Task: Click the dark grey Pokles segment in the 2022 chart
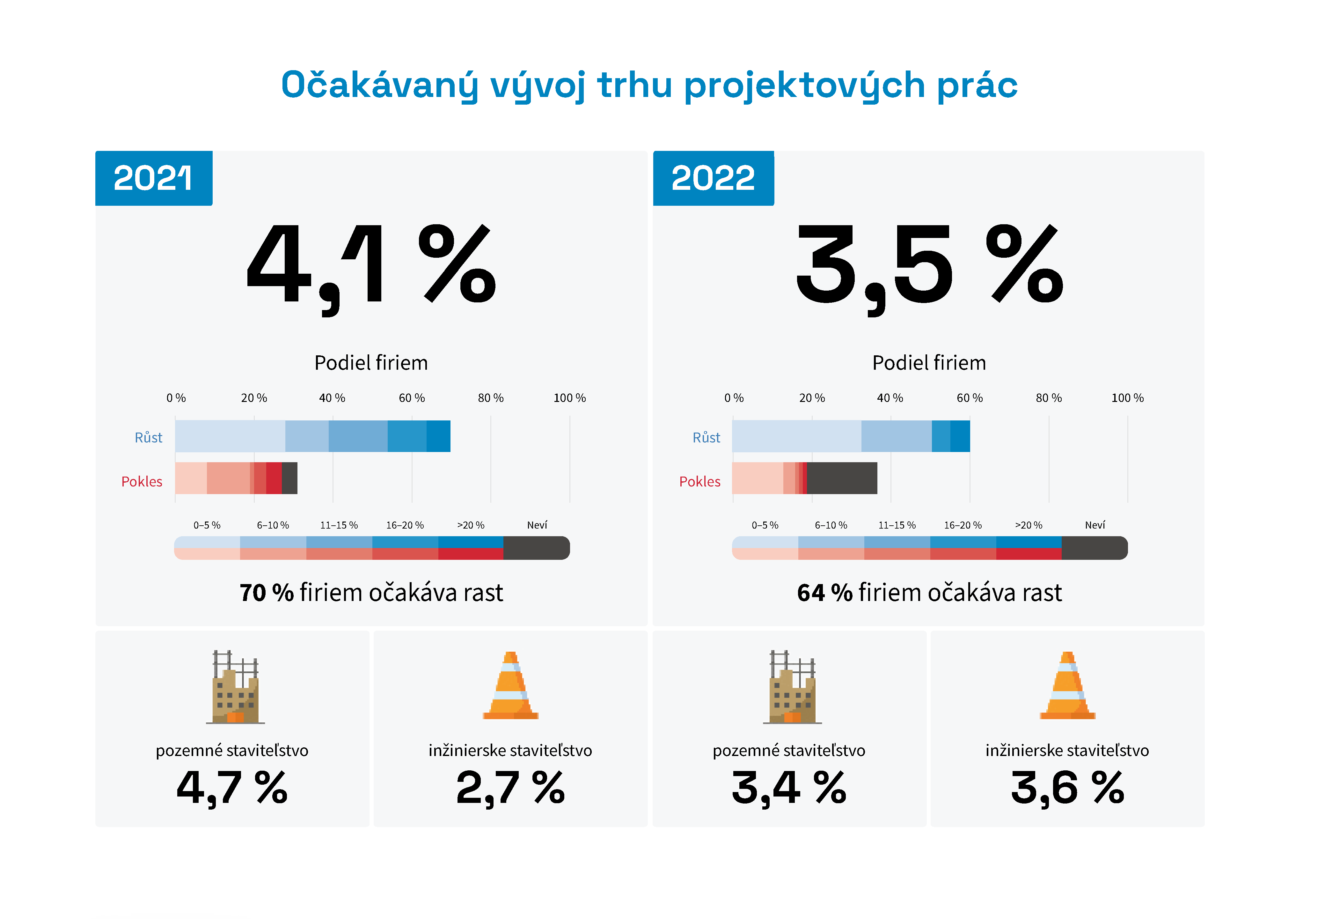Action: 842,478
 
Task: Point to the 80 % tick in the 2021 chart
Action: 490,398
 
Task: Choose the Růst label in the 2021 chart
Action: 148,438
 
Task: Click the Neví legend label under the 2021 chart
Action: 537,525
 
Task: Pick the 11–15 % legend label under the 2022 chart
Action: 897,525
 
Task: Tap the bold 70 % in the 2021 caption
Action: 266,593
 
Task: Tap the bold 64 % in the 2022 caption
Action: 824,593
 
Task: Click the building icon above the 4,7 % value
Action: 235,687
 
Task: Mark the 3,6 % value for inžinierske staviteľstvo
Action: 1067,787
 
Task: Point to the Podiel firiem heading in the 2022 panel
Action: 929,363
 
